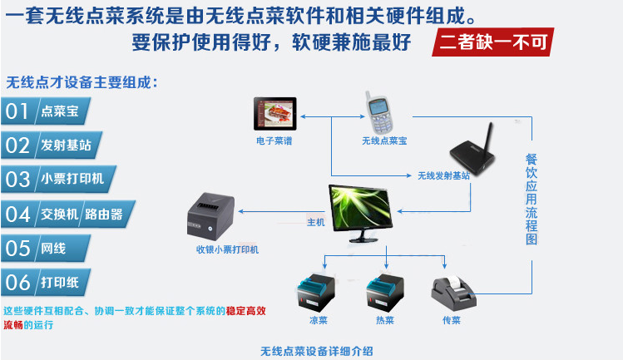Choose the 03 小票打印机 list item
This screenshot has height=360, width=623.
[x=58, y=179]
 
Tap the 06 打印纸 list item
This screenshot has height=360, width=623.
[x=47, y=282]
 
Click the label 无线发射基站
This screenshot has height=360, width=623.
[x=443, y=176]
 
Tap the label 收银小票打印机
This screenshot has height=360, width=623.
[x=227, y=249]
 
